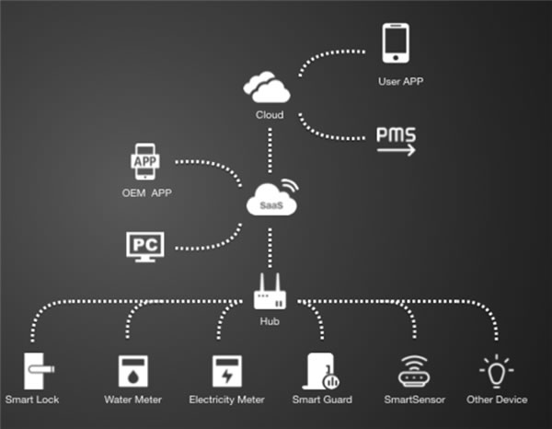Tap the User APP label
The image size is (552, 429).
(x=401, y=82)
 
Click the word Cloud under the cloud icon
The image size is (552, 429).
(x=269, y=115)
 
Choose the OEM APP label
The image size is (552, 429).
(x=147, y=193)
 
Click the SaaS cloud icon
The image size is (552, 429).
(x=271, y=200)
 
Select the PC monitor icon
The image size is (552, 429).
(x=146, y=246)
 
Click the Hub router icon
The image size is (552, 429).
(x=270, y=294)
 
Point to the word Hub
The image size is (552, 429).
(x=270, y=321)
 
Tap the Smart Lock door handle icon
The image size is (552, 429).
(x=36, y=371)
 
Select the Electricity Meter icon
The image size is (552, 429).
(x=225, y=371)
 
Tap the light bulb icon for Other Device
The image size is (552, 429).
(x=497, y=369)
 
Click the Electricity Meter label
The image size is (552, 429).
(x=226, y=400)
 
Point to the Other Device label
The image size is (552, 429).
(x=497, y=400)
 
